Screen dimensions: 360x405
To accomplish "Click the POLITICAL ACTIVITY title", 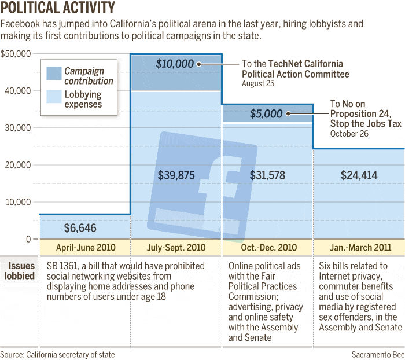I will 58,8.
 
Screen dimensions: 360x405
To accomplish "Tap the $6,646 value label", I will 80,227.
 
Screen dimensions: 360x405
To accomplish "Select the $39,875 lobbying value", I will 176,174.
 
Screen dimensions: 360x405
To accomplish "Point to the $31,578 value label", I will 268,174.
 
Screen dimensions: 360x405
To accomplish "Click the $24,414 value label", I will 359,174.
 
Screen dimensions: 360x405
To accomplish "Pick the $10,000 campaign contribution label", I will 175,64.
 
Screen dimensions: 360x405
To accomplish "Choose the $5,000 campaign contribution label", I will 266,114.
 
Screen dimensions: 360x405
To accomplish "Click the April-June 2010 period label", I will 86,248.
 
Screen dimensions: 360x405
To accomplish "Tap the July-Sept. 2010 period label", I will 176,248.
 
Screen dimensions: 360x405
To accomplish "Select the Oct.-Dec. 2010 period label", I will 268,248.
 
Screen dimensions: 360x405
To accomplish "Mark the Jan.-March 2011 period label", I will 359,248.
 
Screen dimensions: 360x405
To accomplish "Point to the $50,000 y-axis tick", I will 16,54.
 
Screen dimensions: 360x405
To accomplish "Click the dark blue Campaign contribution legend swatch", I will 54,74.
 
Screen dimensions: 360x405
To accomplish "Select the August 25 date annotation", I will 257,83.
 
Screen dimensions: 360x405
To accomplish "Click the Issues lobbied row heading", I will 21,271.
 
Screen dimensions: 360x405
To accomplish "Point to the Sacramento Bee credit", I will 377,354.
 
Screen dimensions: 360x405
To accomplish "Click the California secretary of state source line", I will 57,354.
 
